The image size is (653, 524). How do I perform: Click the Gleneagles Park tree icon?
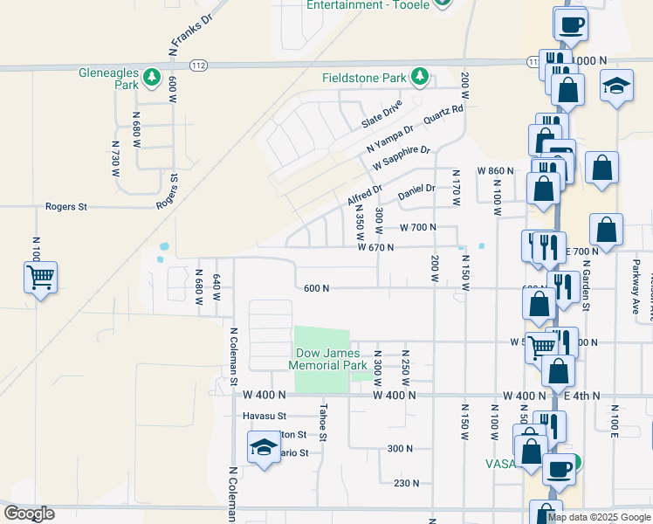click(x=152, y=79)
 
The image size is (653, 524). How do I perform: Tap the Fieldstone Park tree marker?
click(x=420, y=78)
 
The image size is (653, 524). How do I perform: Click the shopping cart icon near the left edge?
click(x=40, y=279)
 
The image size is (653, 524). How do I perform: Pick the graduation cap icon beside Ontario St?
click(x=263, y=448)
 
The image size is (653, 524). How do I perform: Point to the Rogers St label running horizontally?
click(x=66, y=207)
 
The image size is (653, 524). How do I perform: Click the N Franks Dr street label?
click(x=189, y=35)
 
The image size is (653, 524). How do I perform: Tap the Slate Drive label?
click(x=382, y=114)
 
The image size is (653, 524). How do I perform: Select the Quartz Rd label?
click(x=443, y=114)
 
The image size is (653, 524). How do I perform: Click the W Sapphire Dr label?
click(x=402, y=158)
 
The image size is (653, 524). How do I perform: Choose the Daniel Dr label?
click(x=416, y=190)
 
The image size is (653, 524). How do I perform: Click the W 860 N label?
click(x=495, y=171)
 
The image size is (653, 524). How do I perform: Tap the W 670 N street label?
click(x=375, y=247)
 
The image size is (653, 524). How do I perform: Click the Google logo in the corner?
click(x=29, y=513)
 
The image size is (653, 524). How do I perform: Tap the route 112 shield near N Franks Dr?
click(x=198, y=65)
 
